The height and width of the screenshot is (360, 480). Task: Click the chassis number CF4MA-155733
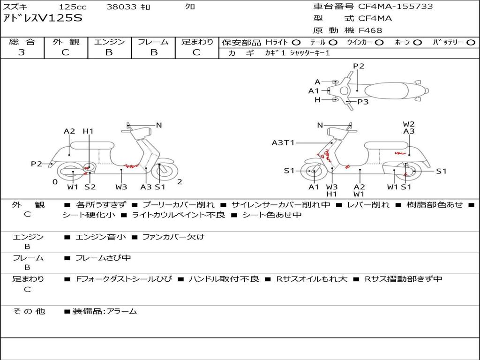396,7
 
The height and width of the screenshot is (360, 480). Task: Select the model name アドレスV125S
43,18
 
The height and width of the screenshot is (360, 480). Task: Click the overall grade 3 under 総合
22,52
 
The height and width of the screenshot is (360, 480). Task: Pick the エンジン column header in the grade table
109,42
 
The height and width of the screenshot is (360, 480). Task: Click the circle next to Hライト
296,43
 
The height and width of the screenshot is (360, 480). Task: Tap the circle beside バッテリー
471,43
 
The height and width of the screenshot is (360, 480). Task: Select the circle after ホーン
418,43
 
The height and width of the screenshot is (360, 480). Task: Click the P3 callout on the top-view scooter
363,102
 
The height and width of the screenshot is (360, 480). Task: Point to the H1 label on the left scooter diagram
88,131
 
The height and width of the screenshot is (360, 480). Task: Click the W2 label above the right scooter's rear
409,124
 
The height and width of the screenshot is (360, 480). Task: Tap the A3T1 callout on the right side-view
283,142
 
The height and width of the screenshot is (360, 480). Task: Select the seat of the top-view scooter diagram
386,91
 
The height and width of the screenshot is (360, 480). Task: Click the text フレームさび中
103,258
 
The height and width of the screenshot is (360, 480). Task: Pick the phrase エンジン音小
101,237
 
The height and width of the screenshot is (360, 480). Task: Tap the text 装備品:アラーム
105,312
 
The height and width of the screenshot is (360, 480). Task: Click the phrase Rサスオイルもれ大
312,279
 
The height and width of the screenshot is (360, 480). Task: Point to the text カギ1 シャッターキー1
298,53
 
